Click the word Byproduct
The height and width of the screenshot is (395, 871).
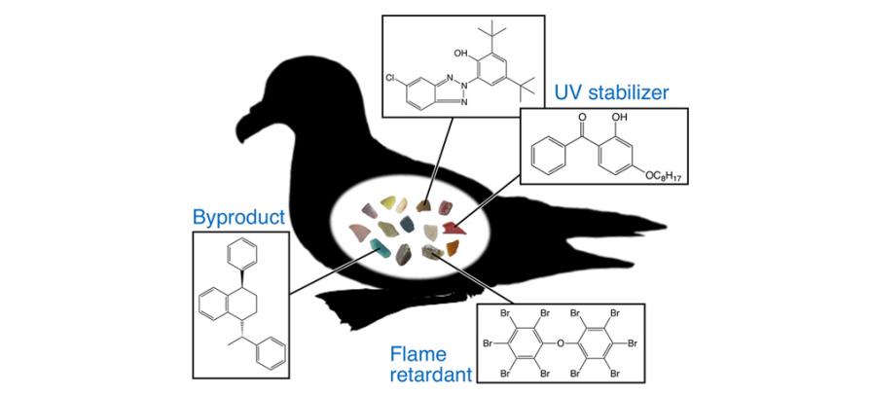[238, 217]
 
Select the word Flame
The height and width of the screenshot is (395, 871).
[418, 353]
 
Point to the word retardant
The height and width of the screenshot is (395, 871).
[431, 375]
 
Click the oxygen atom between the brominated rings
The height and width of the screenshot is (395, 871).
[561, 342]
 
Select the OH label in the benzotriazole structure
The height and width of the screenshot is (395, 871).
[461, 54]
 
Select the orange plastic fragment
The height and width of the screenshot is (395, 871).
[453, 248]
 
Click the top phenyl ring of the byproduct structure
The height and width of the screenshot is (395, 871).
[240, 256]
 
